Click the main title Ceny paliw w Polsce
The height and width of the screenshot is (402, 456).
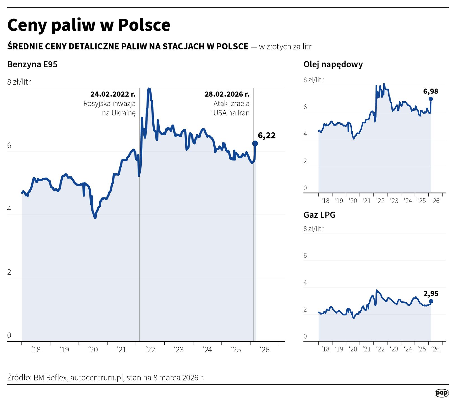(x=89, y=25)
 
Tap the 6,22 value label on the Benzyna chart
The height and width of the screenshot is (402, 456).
(x=266, y=135)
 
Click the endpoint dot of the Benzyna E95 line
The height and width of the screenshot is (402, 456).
(x=255, y=143)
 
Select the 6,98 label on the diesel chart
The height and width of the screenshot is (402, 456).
(x=431, y=91)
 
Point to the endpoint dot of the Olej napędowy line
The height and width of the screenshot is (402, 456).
(x=431, y=99)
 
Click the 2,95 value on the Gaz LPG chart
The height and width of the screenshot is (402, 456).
(x=431, y=294)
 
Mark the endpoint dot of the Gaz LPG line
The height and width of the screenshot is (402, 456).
(x=431, y=301)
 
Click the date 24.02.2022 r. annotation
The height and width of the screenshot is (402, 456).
(x=113, y=94)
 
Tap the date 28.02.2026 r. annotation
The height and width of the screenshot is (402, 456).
(x=227, y=94)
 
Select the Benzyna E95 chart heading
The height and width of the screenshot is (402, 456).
(x=32, y=64)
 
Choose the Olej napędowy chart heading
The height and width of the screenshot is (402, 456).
(x=333, y=64)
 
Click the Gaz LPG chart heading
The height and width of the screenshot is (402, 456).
(x=319, y=215)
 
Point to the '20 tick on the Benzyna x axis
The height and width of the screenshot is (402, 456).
(x=93, y=350)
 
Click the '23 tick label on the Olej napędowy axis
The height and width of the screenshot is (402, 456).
(x=394, y=201)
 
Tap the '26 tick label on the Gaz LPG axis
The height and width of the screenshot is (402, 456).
(x=435, y=349)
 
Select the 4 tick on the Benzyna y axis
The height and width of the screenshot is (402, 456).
(x=9, y=209)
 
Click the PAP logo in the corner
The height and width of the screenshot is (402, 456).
(x=441, y=393)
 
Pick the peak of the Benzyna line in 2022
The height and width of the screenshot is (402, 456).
(x=149, y=89)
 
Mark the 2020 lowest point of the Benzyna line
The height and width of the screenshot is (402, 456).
(x=95, y=217)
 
